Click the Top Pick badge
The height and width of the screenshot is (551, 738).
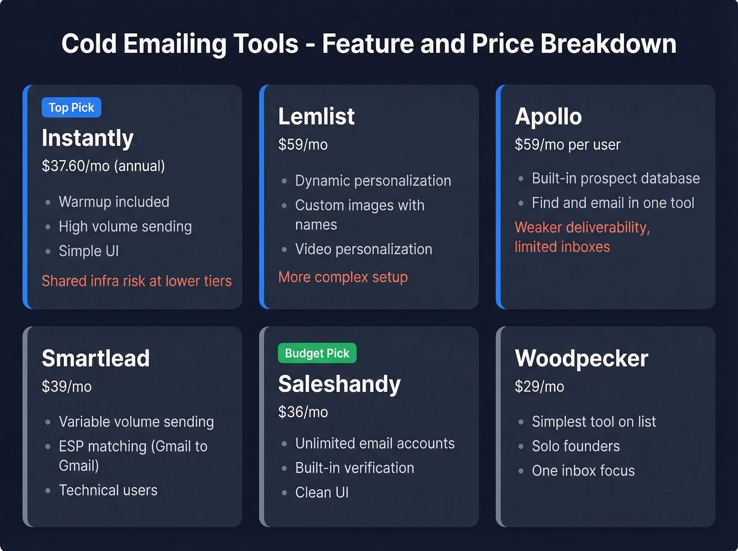71,108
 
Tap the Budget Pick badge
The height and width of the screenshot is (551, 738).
317,353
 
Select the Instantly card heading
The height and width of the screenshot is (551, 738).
88,138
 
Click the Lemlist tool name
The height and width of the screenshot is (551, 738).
316,117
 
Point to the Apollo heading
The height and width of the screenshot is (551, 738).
548,117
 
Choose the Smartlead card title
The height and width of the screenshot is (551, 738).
95,359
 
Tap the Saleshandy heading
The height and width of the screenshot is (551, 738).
339,384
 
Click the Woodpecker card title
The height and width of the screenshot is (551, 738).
581,359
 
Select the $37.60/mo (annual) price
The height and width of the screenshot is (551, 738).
103,166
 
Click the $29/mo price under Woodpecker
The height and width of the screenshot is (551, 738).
539,386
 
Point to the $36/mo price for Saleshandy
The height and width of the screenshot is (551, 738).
303,412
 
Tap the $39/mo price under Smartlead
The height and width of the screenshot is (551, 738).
66,386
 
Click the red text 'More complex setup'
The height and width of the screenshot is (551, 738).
343,277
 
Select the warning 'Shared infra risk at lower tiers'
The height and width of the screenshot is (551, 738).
137,281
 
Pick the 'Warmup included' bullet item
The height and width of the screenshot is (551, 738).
114,202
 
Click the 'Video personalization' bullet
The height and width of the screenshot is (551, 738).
363,249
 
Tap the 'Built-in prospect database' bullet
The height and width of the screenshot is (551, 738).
616,178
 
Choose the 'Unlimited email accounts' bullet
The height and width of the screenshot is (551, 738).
375,443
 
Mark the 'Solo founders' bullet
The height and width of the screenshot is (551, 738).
576,446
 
